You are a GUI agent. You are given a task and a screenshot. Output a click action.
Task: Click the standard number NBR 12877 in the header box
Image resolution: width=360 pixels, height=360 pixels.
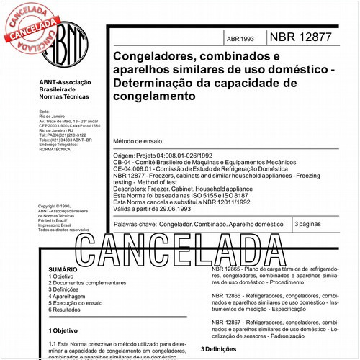click(306, 37)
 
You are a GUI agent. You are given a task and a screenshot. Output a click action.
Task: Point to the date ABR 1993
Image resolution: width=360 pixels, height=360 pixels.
click(240, 39)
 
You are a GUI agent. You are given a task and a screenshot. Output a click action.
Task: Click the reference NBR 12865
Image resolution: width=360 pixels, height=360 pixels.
click(229, 268)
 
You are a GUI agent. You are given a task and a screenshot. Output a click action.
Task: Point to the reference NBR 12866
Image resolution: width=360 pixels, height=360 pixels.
click(229, 296)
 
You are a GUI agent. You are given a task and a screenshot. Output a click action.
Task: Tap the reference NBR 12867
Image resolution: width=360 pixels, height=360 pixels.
click(229, 323)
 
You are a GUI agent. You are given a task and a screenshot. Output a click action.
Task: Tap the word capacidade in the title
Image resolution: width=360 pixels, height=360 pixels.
click(255, 84)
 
